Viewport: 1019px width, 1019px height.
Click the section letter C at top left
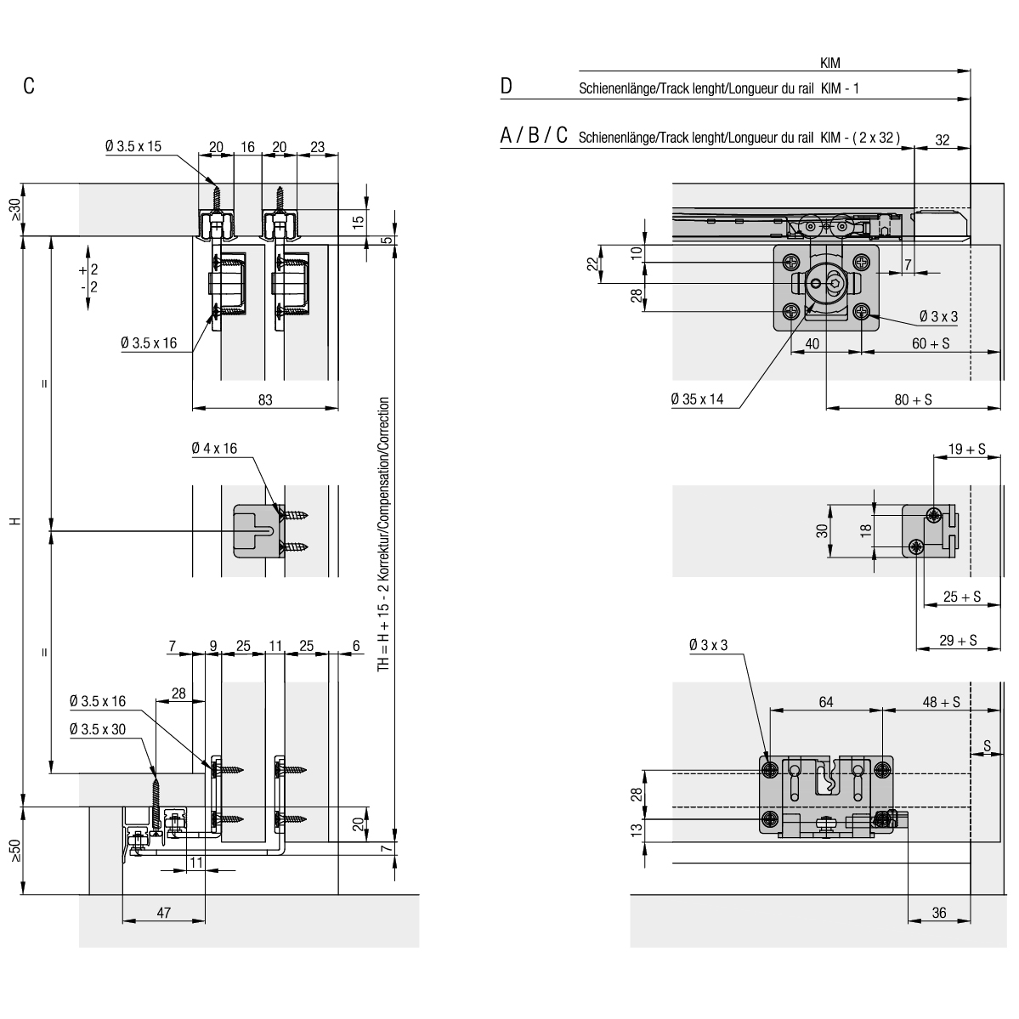29,86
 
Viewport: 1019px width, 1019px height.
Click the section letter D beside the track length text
507,86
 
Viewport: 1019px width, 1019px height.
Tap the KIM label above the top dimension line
829,63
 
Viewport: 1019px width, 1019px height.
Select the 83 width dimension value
265,399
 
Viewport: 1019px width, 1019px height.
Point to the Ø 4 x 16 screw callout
214,449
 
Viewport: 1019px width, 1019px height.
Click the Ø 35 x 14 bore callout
697,399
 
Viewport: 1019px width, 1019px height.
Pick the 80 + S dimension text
913,399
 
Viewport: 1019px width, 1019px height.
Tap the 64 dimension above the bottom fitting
826,702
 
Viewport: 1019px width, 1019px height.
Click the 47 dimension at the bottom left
164,913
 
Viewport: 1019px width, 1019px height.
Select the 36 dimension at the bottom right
939,913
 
